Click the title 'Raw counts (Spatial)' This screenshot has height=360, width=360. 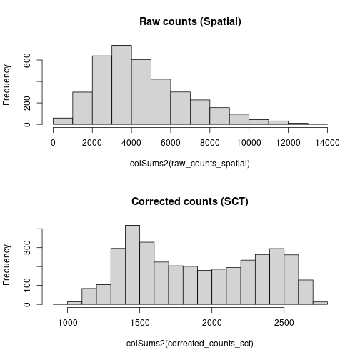(x=190, y=21)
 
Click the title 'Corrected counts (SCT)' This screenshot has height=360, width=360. (x=190, y=201)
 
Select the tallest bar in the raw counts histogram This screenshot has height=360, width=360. (x=121, y=85)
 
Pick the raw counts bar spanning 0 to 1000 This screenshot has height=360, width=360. (x=63, y=121)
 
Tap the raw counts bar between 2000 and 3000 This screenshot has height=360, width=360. (x=102, y=90)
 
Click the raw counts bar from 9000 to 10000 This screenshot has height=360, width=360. (x=239, y=119)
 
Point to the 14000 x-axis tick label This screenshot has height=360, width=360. (x=327, y=143)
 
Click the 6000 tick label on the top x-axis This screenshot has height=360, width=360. (x=171, y=143)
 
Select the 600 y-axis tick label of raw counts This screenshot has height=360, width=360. (x=27, y=60)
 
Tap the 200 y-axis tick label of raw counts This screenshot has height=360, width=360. (x=27, y=103)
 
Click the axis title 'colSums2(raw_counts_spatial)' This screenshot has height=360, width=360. (x=190, y=164)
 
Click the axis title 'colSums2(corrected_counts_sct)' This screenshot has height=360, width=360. (x=190, y=344)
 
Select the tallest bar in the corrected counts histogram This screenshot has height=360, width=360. (x=133, y=265)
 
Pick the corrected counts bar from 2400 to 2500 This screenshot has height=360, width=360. (x=277, y=276)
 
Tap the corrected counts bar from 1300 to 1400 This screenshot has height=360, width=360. (x=118, y=276)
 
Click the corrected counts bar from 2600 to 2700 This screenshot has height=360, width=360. (x=306, y=292)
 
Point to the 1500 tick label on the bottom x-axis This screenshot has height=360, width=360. (x=140, y=323)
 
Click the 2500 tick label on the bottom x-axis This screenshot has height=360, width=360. (x=284, y=323)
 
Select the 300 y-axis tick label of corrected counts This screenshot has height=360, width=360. (x=27, y=248)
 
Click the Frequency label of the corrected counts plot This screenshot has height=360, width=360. (x=6, y=265)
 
